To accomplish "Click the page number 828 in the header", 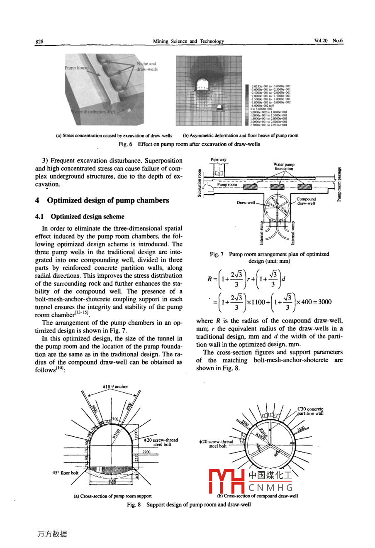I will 39,42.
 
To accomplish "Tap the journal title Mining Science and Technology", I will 188,42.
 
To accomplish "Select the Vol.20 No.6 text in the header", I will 328,41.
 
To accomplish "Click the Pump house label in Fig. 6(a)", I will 76,68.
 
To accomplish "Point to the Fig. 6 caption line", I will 189,144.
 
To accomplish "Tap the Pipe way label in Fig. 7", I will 219,160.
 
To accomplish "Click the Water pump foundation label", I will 284,167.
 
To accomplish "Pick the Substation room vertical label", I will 200,183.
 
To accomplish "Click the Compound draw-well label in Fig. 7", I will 306,201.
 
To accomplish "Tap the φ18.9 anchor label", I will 115,387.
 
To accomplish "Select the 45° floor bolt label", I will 65,473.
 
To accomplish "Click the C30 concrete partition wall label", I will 310,411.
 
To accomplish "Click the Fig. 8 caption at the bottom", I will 189,505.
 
